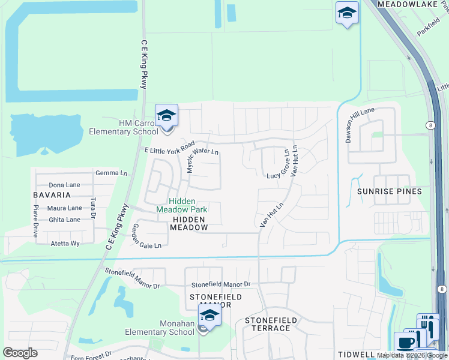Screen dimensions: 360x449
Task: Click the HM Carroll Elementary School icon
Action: (x=166, y=115)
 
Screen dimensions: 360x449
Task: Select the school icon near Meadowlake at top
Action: (x=347, y=13)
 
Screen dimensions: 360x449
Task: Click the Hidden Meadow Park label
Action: (x=181, y=205)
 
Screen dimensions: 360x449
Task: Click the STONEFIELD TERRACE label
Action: (x=267, y=324)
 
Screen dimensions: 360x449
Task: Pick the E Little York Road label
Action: (x=170, y=147)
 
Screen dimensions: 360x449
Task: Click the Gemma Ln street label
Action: (x=112, y=173)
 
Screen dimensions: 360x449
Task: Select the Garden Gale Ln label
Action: (x=146, y=238)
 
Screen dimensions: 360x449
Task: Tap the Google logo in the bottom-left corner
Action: (x=20, y=353)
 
